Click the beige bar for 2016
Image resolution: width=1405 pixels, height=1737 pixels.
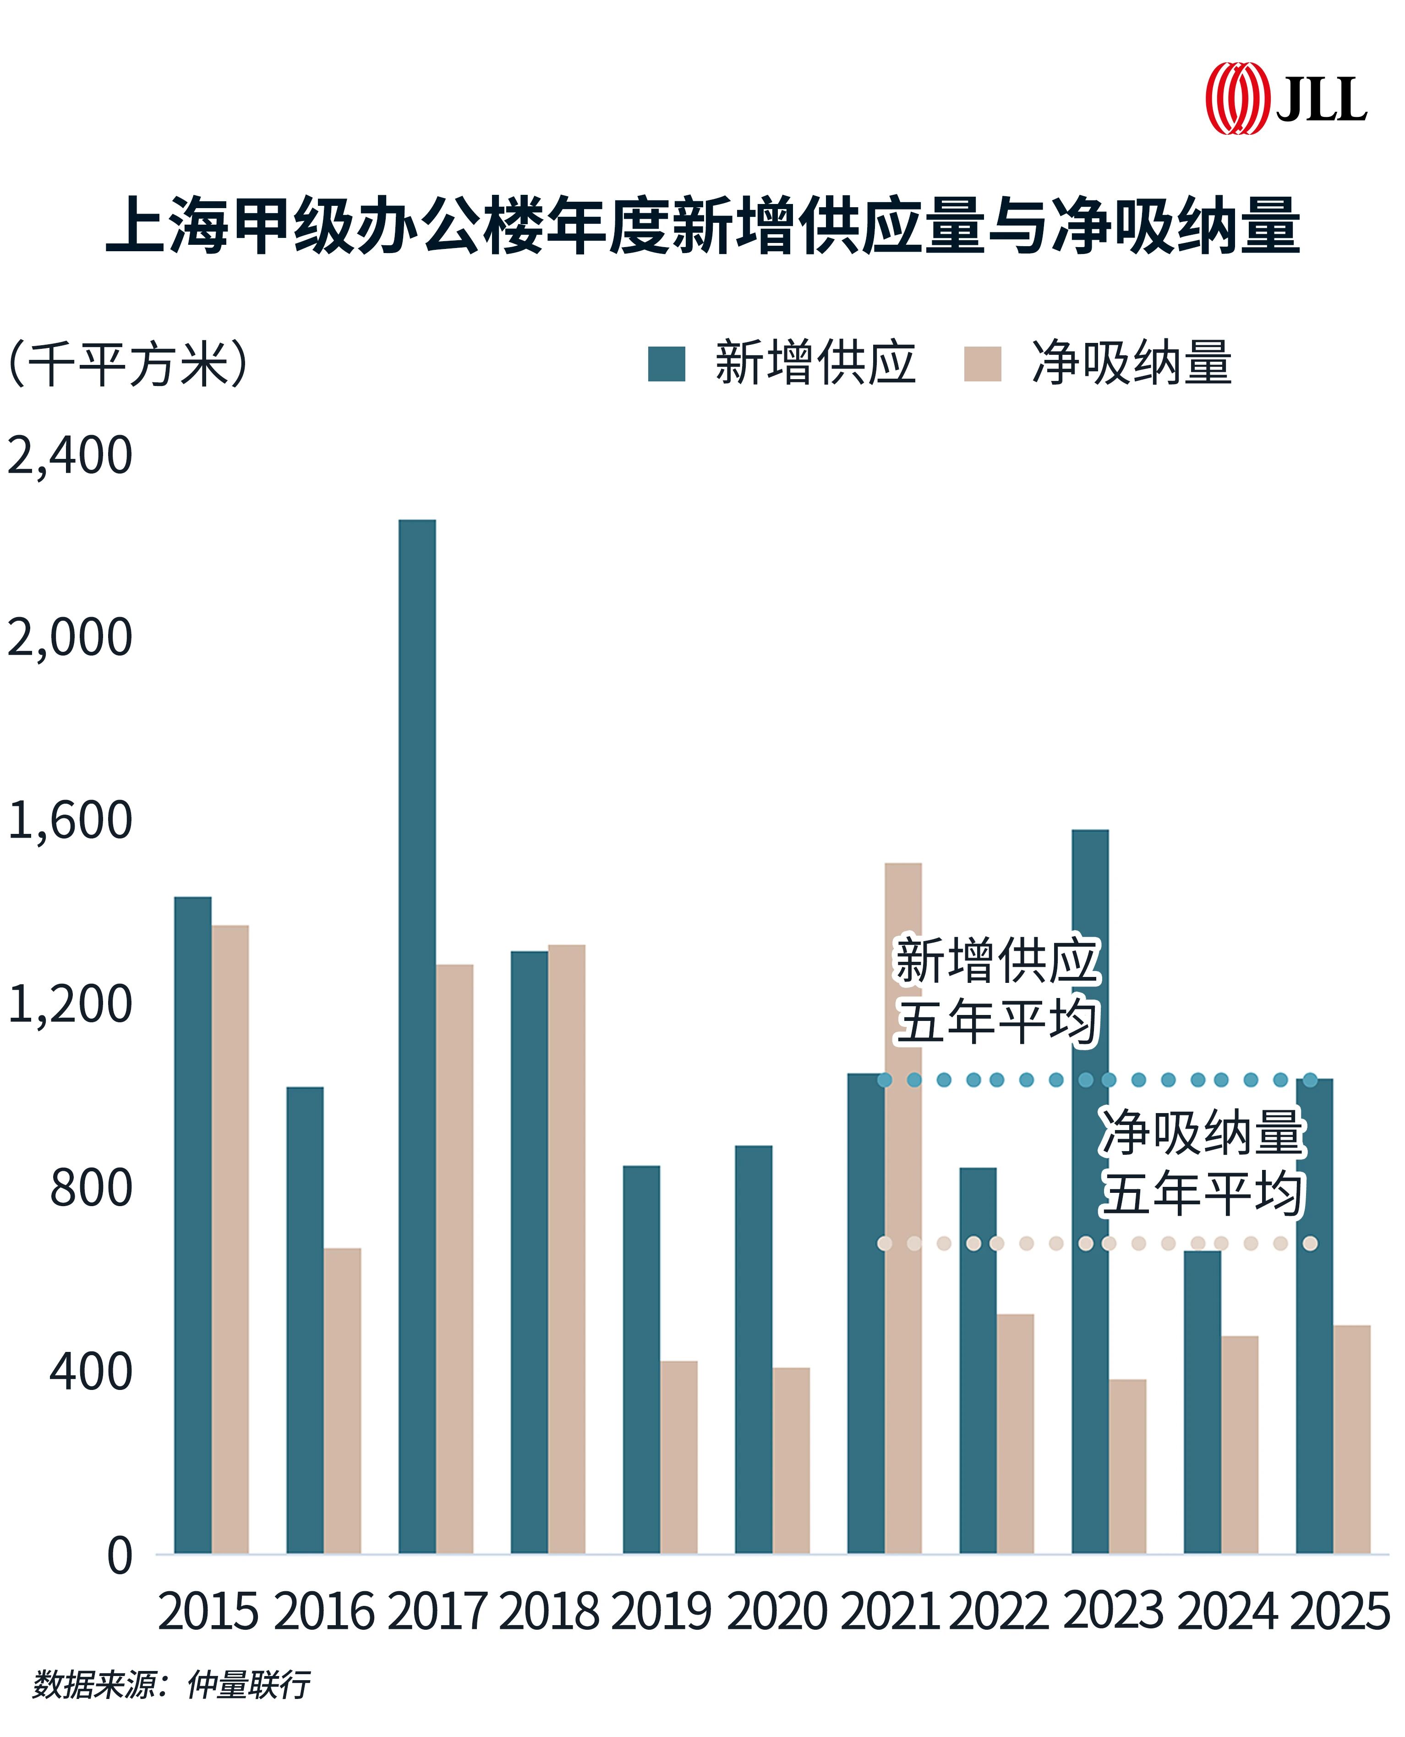(342, 1401)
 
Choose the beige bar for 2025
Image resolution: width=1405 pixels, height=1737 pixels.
(1351, 1441)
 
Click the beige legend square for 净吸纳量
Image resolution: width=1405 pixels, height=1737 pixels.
(983, 364)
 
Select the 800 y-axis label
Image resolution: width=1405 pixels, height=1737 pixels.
(91, 1188)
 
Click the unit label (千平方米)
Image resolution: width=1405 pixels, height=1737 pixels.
(128, 364)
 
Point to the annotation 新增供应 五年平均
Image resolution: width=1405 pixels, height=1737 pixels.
(997, 990)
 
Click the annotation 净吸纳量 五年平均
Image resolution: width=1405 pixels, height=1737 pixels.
(1203, 1162)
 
